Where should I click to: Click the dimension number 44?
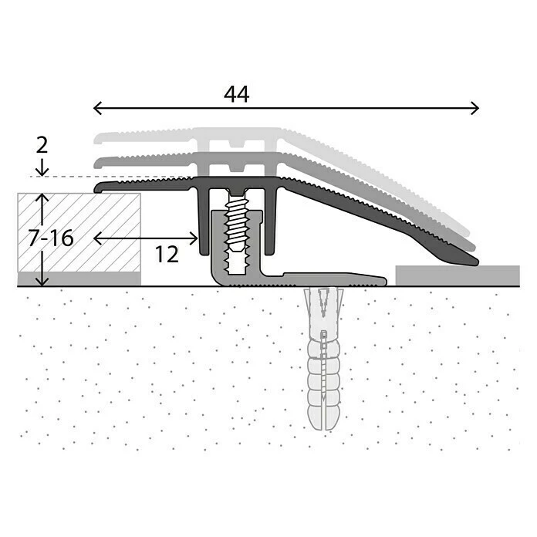tap(237, 94)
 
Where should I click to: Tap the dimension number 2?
tap(42, 144)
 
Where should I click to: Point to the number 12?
tap(167, 254)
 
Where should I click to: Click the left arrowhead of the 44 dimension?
tap(95, 108)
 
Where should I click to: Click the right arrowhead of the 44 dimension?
tap(476, 108)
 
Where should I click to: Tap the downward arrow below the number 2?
tap(42, 169)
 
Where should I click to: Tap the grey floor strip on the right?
tap(457, 275)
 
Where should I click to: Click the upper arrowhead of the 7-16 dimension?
tap(42, 198)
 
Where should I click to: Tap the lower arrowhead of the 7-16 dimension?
tap(42, 282)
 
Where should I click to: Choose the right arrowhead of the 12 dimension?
tap(195, 238)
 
